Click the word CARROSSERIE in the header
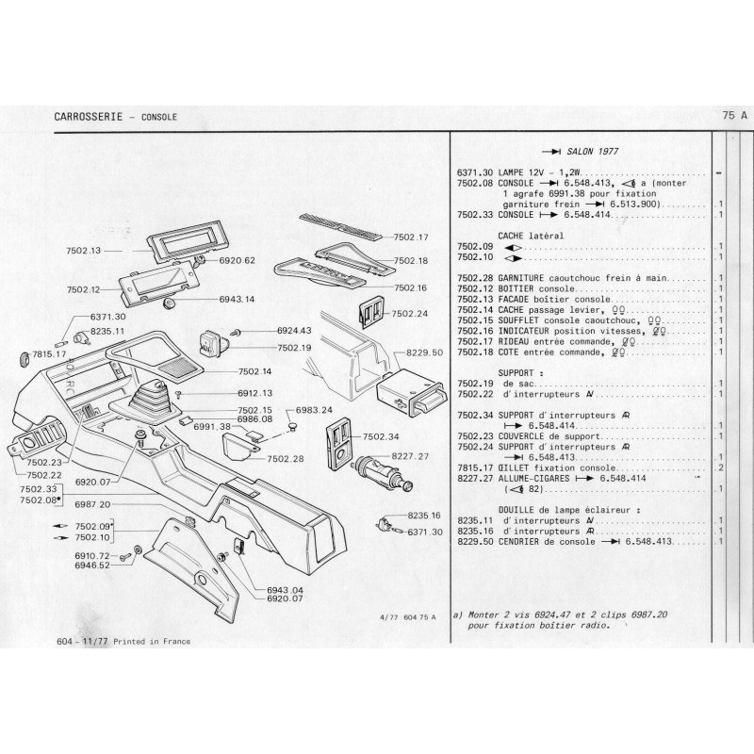[88, 115]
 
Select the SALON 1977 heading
[592, 151]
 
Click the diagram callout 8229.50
[423, 351]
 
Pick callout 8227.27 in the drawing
[411, 456]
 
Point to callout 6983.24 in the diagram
[314, 410]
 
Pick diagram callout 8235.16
[423, 516]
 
